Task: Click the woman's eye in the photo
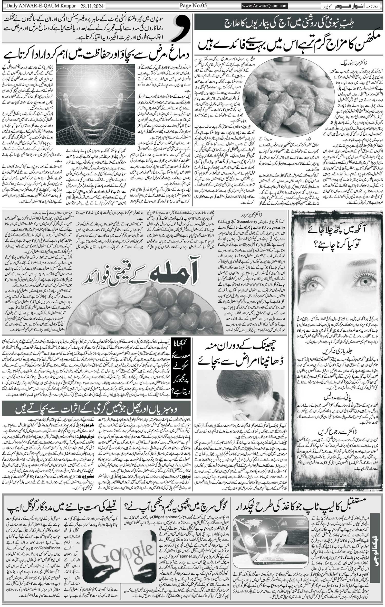tap(364, 281)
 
